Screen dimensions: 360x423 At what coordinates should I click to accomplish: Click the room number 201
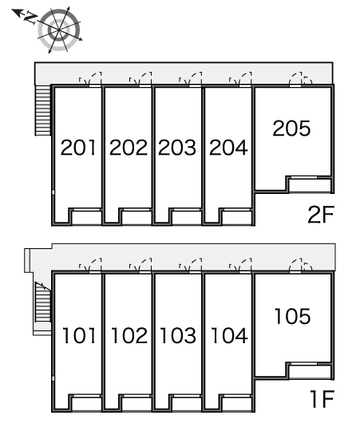(x=78, y=148)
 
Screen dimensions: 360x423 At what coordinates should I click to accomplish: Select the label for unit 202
(x=129, y=148)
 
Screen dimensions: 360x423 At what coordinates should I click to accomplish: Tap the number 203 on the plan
(x=177, y=148)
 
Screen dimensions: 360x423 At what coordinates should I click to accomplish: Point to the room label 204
(x=228, y=148)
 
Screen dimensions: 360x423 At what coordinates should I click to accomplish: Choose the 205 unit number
(x=291, y=128)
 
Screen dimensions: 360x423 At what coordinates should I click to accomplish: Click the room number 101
(x=79, y=335)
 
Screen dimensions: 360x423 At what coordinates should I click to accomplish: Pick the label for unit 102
(x=129, y=335)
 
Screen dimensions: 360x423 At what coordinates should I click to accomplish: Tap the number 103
(x=178, y=335)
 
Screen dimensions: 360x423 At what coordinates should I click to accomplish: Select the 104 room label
(x=229, y=335)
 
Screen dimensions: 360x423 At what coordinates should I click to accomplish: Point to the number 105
(x=293, y=316)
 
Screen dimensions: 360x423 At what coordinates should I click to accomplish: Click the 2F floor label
(x=321, y=215)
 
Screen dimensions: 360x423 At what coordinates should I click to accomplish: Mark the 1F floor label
(x=322, y=399)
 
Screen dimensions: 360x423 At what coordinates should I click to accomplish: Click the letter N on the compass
(x=30, y=18)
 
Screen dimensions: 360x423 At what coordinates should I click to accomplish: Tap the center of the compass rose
(x=59, y=30)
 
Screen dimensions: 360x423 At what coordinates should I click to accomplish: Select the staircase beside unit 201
(x=43, y=110)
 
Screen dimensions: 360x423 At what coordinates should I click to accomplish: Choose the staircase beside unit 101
(x=42, y=302)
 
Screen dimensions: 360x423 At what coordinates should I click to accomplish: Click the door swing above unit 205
(x=300, y=79)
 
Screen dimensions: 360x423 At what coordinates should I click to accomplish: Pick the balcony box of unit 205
(x=310, y=185)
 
